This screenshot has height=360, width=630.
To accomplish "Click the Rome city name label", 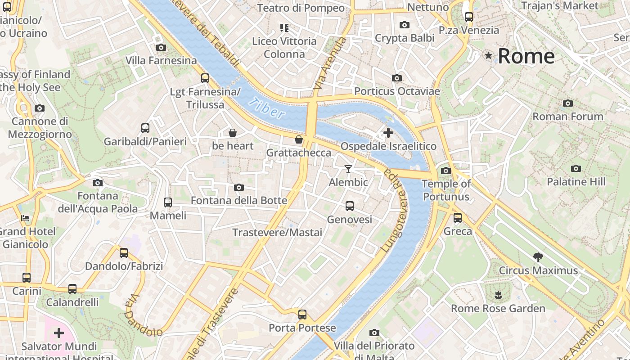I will [526, 56].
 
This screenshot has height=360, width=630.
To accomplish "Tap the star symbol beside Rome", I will [488, 56].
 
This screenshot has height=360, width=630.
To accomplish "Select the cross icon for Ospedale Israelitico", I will [388, 133].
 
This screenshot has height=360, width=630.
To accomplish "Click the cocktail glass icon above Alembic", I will [348, 169].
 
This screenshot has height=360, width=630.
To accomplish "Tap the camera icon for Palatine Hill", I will [576, 169].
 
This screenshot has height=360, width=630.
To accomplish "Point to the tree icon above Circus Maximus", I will [538, 257].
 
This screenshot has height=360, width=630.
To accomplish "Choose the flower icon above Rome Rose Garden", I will [498, 296].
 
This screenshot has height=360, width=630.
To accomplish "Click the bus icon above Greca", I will [458, 218].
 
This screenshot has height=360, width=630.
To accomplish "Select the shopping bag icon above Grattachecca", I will [298, 139].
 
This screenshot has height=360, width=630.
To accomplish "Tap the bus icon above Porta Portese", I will [302, 315].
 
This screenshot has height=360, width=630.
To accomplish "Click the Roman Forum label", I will [568, 117].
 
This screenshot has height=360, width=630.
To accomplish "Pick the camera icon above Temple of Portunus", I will [446, 171].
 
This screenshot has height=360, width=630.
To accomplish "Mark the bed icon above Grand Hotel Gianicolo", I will [25, 218].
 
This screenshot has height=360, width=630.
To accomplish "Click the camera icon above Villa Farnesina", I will [161, 47].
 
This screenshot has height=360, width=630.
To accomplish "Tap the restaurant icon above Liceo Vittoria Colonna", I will [284, 28].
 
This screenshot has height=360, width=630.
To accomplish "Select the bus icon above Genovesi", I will [350, 206].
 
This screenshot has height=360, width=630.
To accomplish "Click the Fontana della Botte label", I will [239, 201].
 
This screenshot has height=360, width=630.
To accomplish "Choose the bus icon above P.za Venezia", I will [469, 17].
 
